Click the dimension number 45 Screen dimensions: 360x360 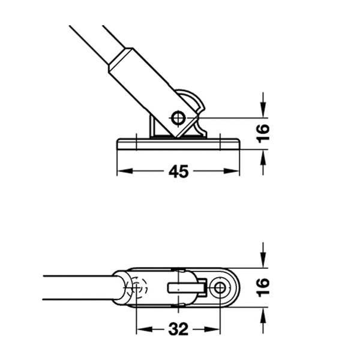[178, 172]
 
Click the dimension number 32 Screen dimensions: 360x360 [178, 329]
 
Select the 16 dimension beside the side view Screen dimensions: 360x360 [263, 133]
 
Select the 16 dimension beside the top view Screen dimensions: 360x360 [263, 287]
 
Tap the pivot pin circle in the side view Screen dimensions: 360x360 [178, 118]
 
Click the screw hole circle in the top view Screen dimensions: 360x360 [220, 287]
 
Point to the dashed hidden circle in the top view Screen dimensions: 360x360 [137, 287]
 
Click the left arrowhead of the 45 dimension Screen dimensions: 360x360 [125, 171]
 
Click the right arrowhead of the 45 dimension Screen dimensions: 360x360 [232, 171]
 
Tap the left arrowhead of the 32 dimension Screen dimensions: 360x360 [145, 329]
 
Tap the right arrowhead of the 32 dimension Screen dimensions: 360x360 [212, 329]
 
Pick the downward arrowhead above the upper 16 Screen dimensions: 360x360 [263, 110]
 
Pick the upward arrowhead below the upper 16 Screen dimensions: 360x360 [263, 158]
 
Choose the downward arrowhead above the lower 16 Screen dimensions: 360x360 [263, 260]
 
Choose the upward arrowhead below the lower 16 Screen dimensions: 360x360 [263, 315]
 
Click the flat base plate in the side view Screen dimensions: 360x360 [178, 144]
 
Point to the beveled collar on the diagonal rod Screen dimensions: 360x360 [121, 60]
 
